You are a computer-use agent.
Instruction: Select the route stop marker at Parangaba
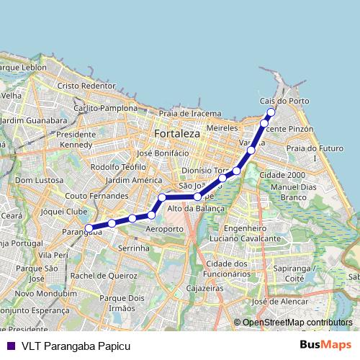tap(89, 228)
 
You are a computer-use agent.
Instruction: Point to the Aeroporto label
tap(165, 228)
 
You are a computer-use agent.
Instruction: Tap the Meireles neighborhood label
tap(222, 127)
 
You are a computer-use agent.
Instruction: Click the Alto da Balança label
tap(196, 208)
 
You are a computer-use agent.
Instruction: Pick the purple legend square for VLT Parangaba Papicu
tap(10, 345)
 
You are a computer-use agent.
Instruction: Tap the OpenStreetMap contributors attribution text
tap(297, 323)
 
